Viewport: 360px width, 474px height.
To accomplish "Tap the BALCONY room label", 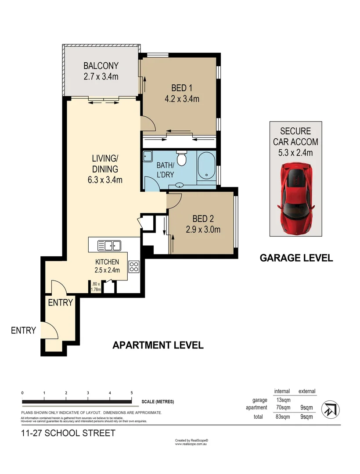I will [101, 66].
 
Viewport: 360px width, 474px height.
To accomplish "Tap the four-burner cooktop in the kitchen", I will [134, 266].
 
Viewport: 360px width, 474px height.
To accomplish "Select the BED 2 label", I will [203, 219].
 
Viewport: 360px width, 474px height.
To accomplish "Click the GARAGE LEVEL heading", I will [296, 258].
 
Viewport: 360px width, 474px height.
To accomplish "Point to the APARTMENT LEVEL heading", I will [158, 345].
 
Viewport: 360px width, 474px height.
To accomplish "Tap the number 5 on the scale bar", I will [132, 392].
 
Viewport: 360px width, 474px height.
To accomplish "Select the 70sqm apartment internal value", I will [282, 408].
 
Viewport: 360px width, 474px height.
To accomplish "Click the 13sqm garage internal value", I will [282, 400].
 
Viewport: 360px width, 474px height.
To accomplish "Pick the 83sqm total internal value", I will [282, 417].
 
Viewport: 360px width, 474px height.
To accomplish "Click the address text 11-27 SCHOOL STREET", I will [68, 434].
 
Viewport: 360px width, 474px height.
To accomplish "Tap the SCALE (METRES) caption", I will [158, 402].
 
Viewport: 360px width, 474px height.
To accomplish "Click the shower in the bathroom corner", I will [148, 156].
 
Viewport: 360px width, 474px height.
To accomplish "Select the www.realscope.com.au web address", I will [191, 444].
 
